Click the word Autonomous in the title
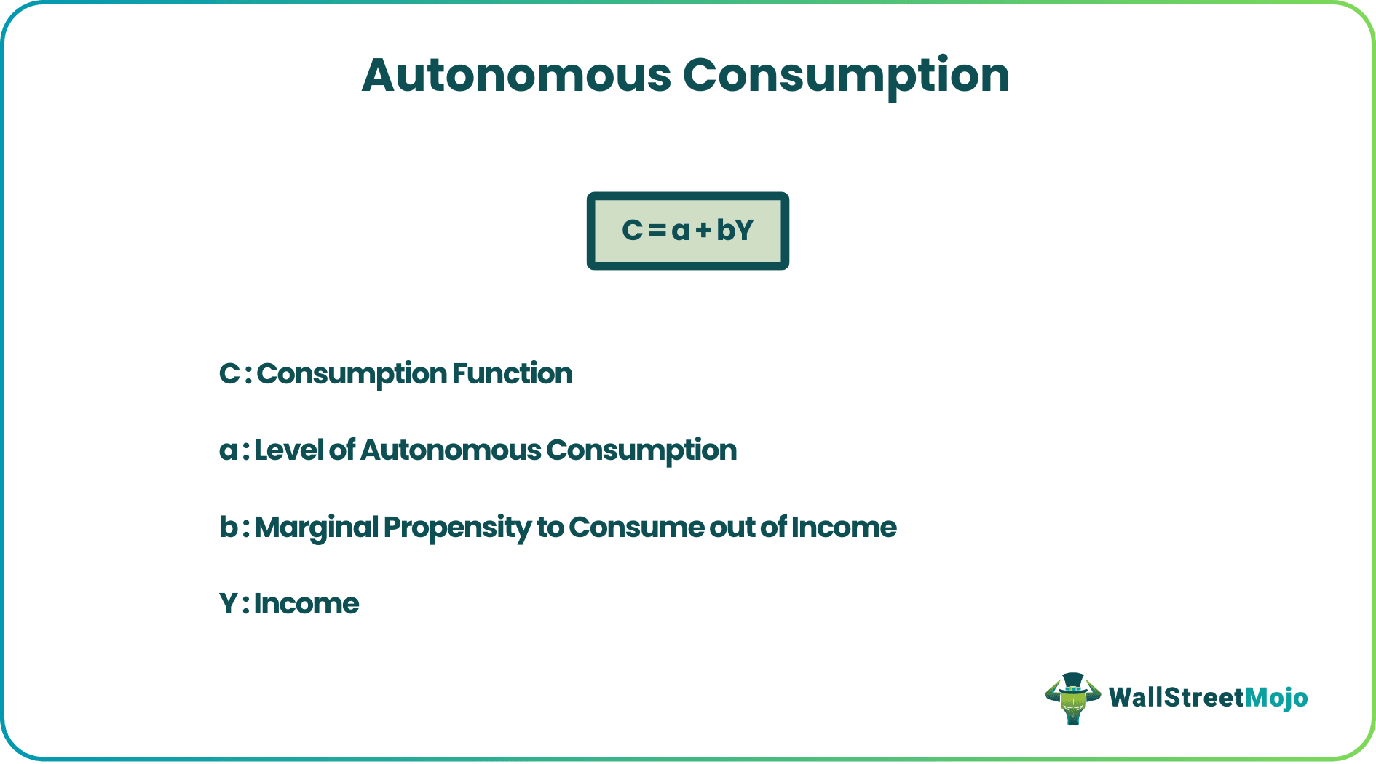click(x=516, y=76)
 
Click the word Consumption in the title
click(x=846, y=76)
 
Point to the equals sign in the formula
click(x=657, y=231)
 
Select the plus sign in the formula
click(x=703, y=231)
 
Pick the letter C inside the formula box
click(x=632, y=230)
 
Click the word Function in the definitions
click(x=512, y=373)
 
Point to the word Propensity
click(x=457, y=528)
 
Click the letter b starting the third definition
click(x=227, y=527)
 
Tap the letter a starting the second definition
click(x=227, y=451)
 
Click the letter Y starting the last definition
click(x=228, y=604)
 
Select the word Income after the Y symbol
click(x=307, y=604)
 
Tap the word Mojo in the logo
click(x=1276, y=698)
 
